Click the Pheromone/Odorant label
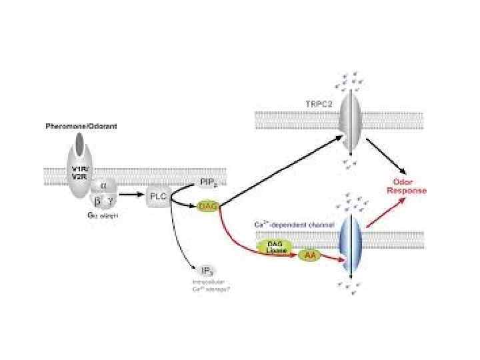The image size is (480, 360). [x=81, y=126]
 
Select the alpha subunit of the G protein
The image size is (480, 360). [x=103, y=187]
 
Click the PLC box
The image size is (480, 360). [x=158, y=196]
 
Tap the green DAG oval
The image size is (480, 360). [x=208, y=207]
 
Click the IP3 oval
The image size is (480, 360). [x=207, y=270]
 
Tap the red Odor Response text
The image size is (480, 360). [x=407, y=186]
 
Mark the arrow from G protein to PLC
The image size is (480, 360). [x=131, y=195]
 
